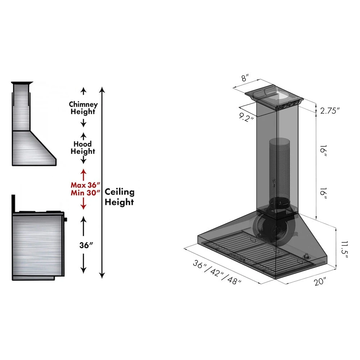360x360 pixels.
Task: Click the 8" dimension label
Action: click(x=245, y=78)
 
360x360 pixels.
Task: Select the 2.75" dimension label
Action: click(x=330, y=111)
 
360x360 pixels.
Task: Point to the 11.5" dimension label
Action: click(x=345, y=249)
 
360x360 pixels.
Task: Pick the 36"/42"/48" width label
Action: click(x=217, y=272)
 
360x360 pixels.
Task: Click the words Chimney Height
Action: click(x=84, y=108)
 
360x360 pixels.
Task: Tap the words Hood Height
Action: click(x=83, y=148)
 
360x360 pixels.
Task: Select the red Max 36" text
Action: click(x=85, y=185)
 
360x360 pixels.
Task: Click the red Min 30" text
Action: click(x=85, y=193)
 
